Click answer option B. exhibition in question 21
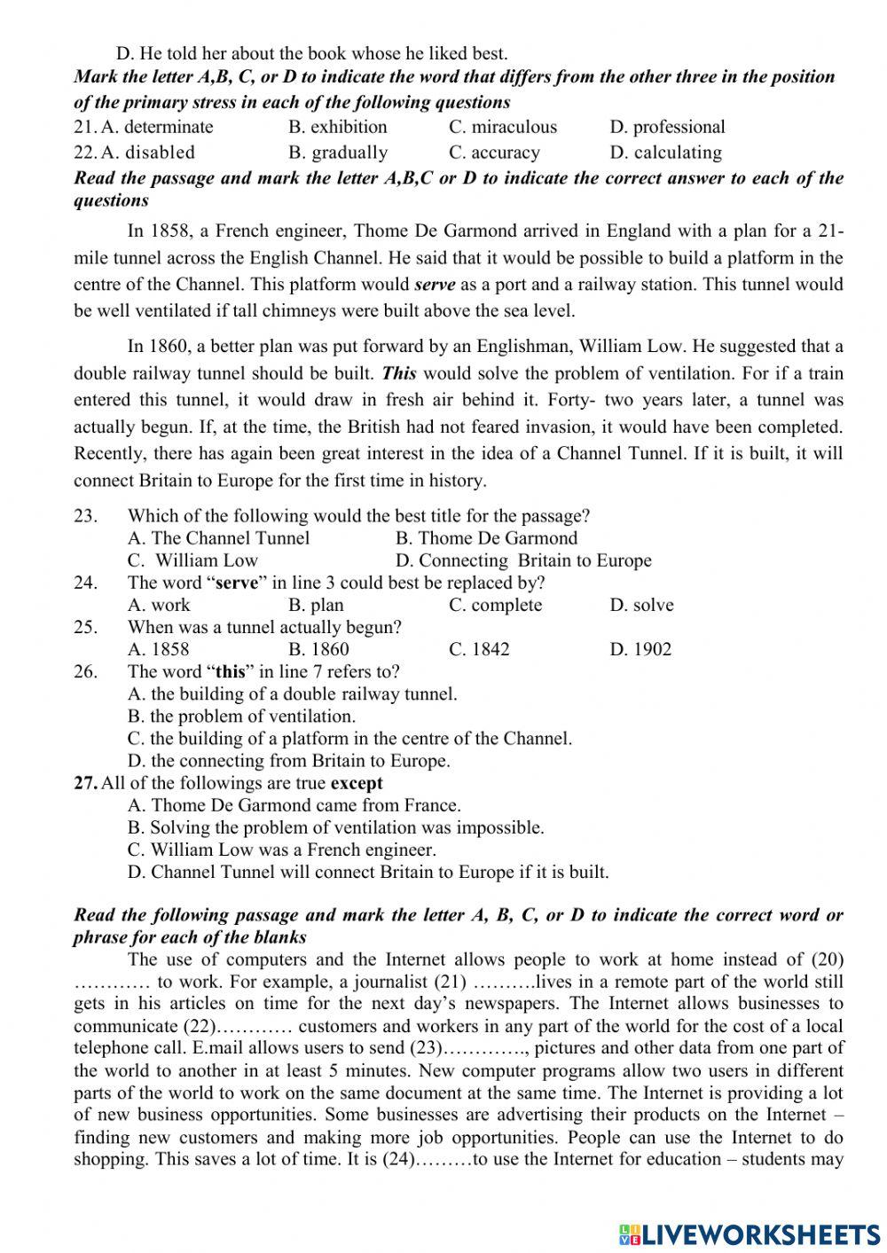tap(338, 127)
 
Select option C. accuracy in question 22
tap(494, 153)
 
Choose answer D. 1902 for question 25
tap(640, 649)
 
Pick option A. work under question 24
tap(159, 605)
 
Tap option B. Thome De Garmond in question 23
tap(486, 538)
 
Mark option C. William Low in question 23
tap(192, 560)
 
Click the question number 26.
tap(85, 671)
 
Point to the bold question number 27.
tap(85, 783)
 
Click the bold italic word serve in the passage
tap(435, 285)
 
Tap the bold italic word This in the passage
tap(399, 373)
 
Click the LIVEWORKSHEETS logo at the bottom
tap(750, 1233)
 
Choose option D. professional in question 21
tap(667, 127)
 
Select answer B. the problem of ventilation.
tap(241, 716)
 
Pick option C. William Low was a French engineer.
tap(281, 850)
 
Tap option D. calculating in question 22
tap(665, 153)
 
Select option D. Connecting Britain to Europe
tap(523, 560)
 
